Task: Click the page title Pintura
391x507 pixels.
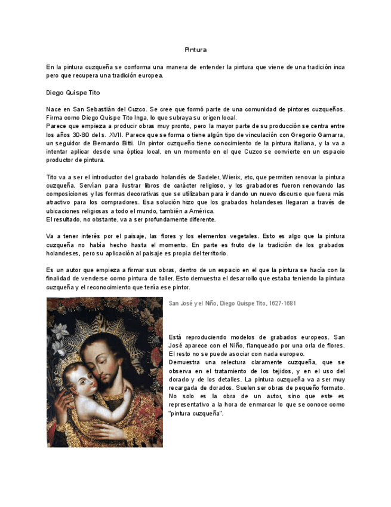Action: point(195,50)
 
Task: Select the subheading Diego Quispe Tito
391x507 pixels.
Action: point(73,93)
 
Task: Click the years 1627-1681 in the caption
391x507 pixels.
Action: point(282,303)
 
